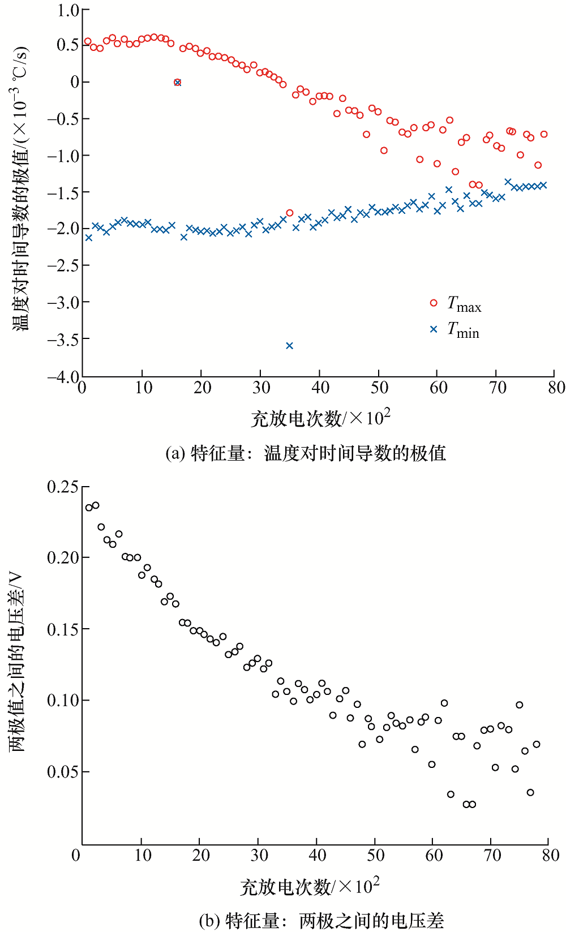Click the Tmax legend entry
456,304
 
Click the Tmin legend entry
456,330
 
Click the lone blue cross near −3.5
289,346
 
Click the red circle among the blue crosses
290,213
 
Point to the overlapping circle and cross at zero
177,82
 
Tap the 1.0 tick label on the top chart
68,11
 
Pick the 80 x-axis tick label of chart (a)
556,388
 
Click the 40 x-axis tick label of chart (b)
318,855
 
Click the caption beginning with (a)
306,453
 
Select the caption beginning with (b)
321,921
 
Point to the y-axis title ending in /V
17,662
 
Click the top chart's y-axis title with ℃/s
20,190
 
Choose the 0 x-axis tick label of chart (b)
76,855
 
